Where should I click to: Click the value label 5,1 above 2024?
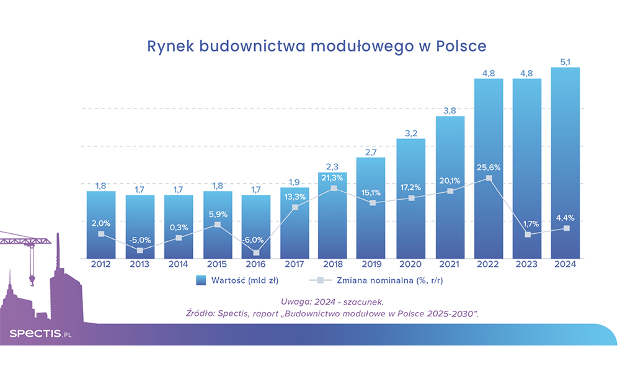(566, 61)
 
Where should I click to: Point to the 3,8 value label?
(450, 110)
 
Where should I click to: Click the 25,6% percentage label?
(489, 167)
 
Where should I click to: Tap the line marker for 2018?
(334, 188)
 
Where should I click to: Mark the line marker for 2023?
(528, 234)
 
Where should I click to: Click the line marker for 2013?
(139, 251)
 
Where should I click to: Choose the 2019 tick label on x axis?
(372, 265)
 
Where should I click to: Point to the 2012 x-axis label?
(101, 265)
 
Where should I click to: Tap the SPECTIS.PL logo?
(40, 334)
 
